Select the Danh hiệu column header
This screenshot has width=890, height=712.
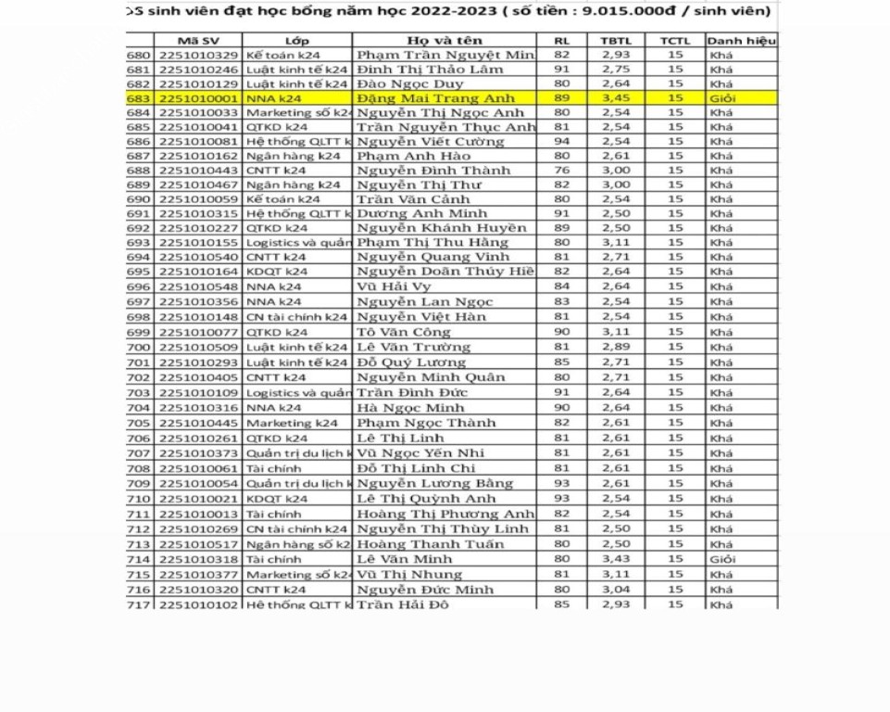741,41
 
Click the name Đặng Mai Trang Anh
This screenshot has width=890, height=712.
435,98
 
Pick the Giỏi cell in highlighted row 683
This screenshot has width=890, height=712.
722,98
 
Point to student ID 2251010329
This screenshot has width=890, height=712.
198,56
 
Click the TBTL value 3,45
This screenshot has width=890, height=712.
616,98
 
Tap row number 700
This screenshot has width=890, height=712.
138,347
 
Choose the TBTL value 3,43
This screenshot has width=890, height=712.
616,559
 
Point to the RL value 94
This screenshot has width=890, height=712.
562,142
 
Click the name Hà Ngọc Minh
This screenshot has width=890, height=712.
410,408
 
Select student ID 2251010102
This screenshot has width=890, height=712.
198,604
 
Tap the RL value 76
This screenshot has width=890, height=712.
562,171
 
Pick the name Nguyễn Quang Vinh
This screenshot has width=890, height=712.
432,257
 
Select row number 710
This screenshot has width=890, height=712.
138,499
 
